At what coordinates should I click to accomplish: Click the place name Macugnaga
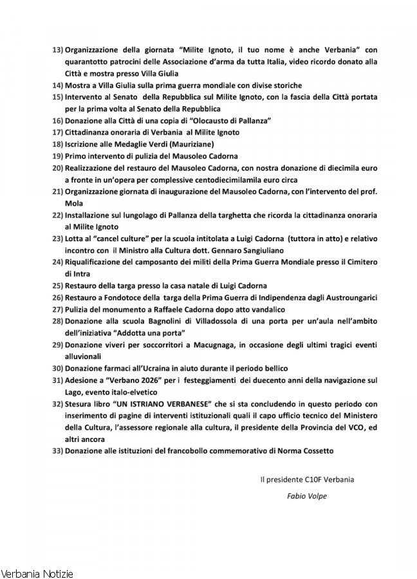coord(192,345)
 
